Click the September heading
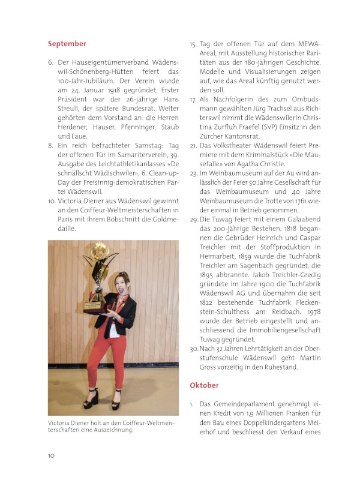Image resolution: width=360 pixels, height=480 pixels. tap(67, 44)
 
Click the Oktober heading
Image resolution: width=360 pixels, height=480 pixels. tap(204, 385)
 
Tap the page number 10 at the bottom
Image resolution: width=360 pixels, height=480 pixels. tap(52, 455)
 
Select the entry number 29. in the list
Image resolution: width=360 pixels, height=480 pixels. tap(194, 221)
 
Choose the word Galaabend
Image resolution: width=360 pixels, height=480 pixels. tap(303, 221)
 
